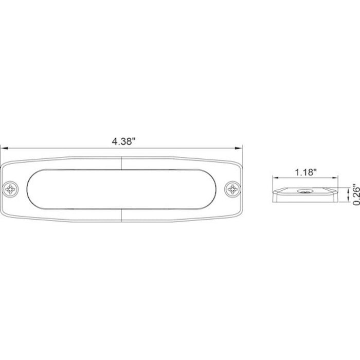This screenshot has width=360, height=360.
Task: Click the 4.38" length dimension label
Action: pos(122,141)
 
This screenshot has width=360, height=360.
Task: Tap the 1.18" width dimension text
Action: pos(305,172)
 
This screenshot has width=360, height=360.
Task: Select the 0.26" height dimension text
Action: pos(356,194)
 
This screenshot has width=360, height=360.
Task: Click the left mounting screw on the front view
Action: pos(10,189)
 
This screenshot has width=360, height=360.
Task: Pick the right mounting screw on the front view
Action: pos(232,189)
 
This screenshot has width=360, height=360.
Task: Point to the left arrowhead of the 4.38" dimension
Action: pos(4,148)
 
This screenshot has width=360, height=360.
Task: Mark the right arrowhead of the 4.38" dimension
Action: pos(239,148)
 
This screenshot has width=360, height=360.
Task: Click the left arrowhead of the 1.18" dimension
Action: pos(276,177)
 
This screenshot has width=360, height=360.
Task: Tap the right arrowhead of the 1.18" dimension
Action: pos(335,177)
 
